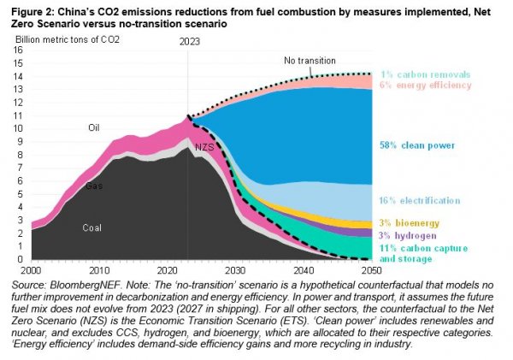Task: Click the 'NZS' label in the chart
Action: (204, 147)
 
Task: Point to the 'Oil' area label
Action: (95, 127)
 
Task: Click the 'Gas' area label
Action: (93, 185)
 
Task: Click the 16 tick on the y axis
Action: (19, 50)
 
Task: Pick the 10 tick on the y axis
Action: (19, 128)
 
